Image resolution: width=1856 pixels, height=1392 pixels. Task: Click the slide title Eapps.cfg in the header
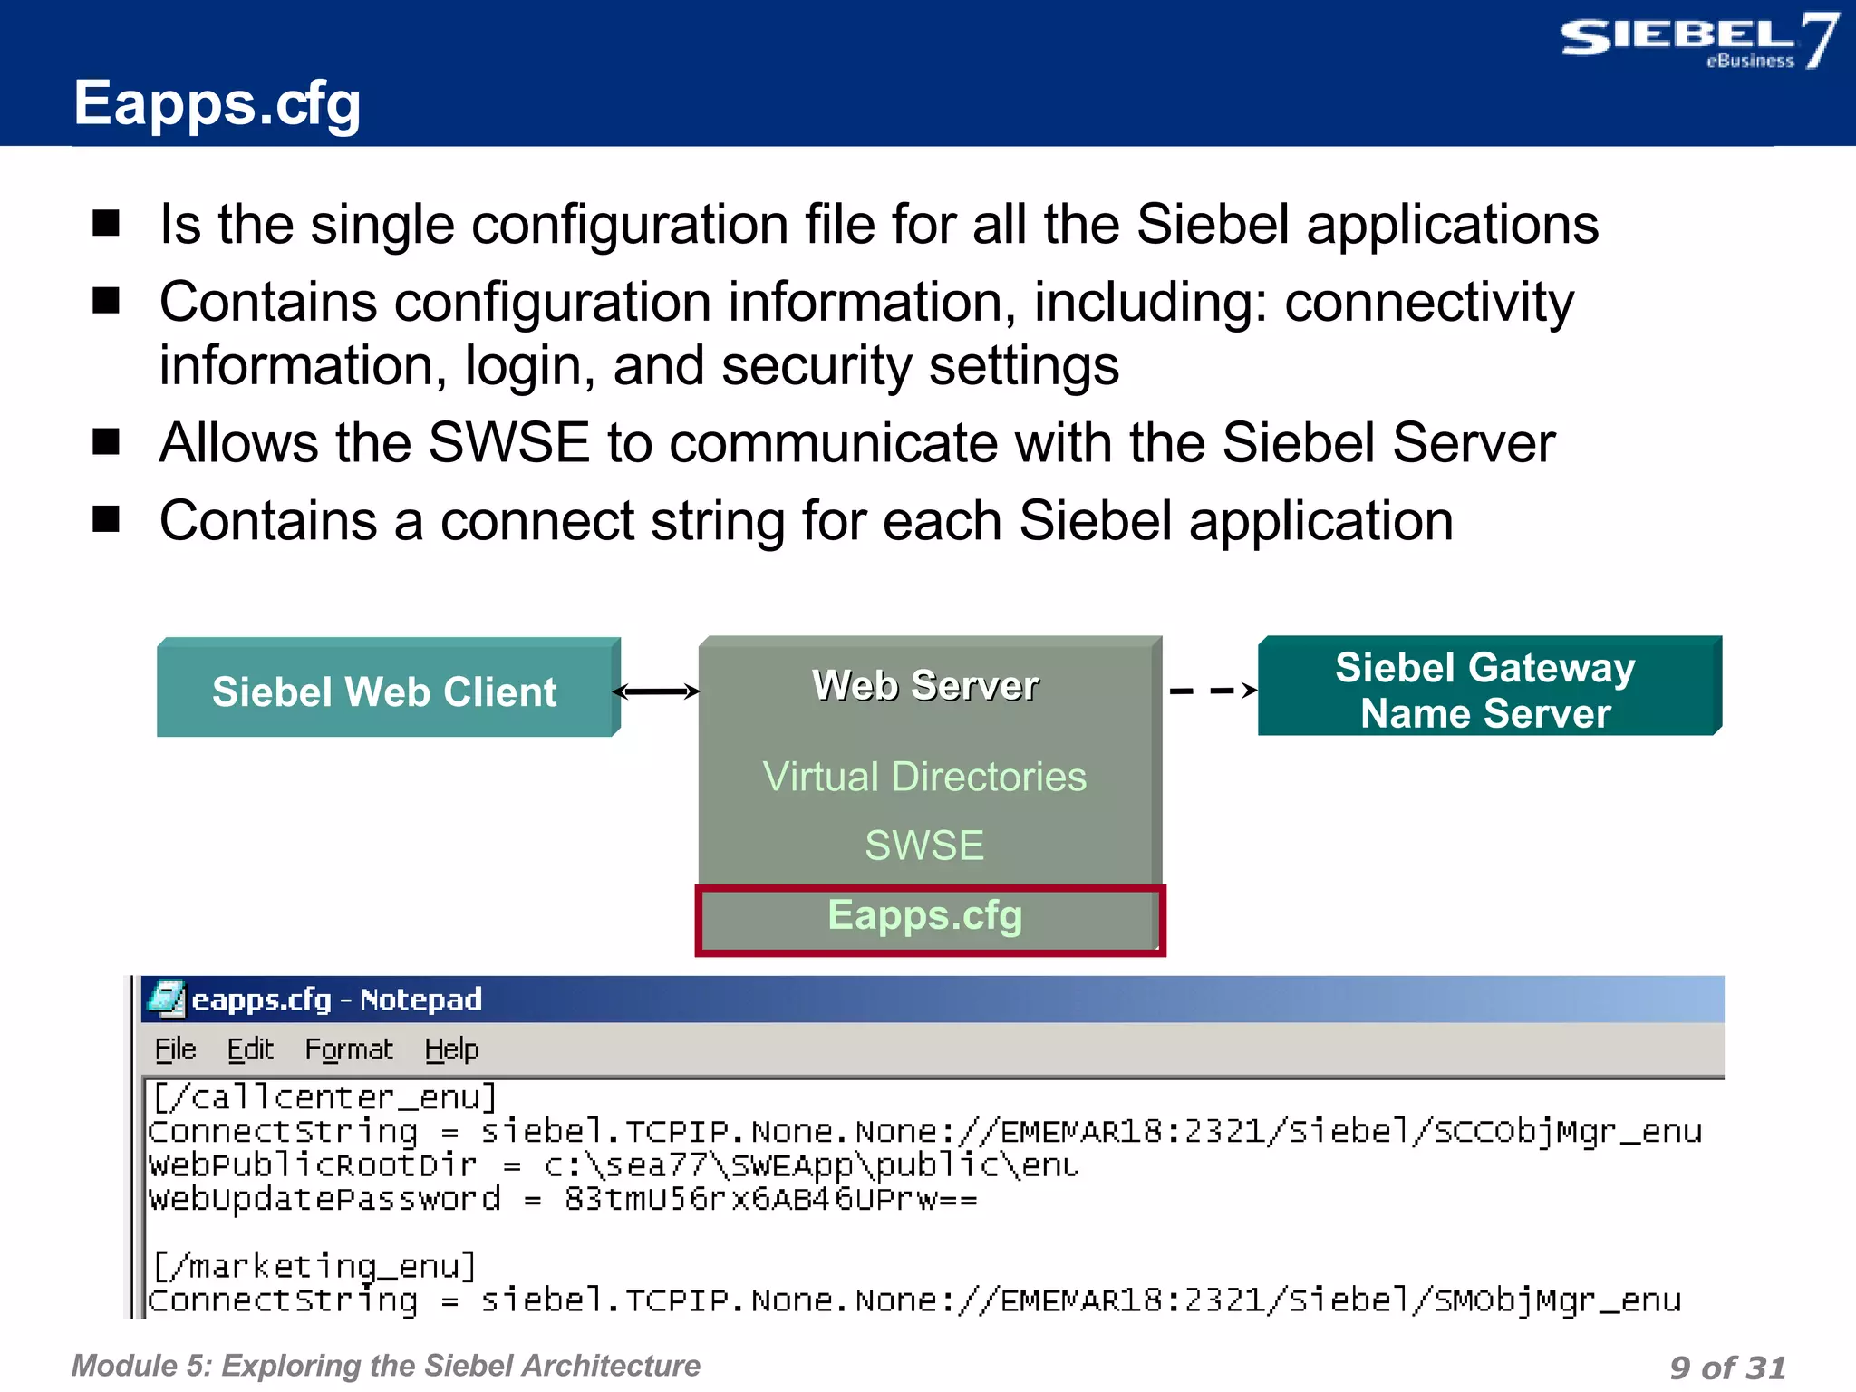coord(217,103)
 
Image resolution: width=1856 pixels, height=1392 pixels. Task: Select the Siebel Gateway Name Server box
coord(1487,688)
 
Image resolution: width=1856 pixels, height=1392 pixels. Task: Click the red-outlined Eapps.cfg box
coord(927,917)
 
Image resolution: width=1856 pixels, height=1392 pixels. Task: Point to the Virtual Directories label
coord(924,777)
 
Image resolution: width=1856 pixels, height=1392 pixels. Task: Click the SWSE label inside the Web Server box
coord(924,846)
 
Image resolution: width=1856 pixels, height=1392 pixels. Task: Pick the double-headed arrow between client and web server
coord(657,691)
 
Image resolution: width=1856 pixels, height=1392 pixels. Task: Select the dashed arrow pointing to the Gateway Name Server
coord(1213,691)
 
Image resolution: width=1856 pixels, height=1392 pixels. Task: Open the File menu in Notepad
coord(175,1049)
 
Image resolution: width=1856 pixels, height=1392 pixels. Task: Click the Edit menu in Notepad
coord(250,1049)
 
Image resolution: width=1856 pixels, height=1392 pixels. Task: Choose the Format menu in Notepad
coord(349,1049)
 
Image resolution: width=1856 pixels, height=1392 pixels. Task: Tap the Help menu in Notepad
coord(451,1049)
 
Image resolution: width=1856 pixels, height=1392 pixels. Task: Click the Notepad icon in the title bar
coord(166,999)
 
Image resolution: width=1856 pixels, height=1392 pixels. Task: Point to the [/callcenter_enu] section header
coord(324,1097)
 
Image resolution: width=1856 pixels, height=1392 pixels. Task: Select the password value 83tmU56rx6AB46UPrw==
coord(771,1199)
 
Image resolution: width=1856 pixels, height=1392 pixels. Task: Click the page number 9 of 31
coord(1726,1367)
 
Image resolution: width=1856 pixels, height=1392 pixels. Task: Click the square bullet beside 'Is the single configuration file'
coord(107,223)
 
